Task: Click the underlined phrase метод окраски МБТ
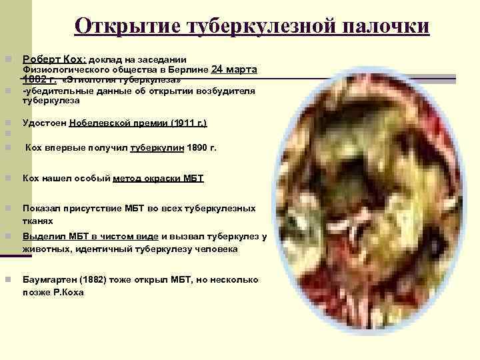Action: pyautogui.click(x=159, y=179)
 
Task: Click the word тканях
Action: pyautogui.click(x=38, y=221)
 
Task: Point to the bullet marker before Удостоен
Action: pyautogui.click(x=7, y=123)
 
